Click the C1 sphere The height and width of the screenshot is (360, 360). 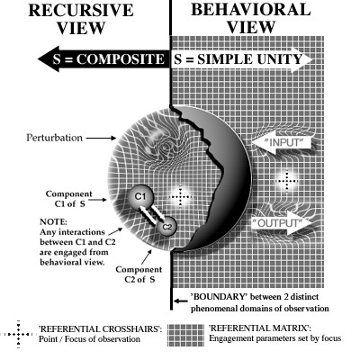click(x=140, y=198)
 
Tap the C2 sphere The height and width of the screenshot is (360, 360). click(x=166, y=227)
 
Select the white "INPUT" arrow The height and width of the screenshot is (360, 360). click(x=280, y=142)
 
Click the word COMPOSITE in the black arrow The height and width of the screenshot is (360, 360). click(x=121, y=59)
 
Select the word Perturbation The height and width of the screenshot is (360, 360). click(x=54, y=138)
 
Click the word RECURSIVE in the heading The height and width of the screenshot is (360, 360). click(x=81, y=10)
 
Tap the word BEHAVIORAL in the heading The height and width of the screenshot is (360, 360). click(x=251, y=10)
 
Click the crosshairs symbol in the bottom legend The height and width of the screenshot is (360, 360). click(x=18, y=334)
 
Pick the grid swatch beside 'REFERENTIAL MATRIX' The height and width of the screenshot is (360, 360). click(x=185, y=335)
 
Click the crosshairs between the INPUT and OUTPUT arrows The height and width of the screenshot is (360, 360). click(x=286, y=181)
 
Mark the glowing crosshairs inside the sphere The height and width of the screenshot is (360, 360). click(x=180, y=197)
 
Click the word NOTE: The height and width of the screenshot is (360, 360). click(x=53, y=222)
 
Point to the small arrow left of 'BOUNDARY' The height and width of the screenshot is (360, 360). click(x=181, y=301)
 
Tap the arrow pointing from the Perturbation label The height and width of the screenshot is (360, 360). click(x=101, y=138)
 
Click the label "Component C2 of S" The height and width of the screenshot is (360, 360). click(x=139, y=274)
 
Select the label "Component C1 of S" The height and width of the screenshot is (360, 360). click(x=69, y=199)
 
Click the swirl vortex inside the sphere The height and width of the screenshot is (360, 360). click(x=165, y=147)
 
